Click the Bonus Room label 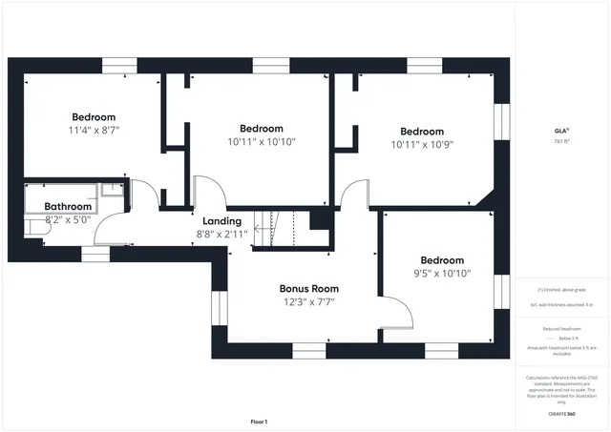(x=308, y=288)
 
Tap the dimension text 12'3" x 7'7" (x=307, y=302)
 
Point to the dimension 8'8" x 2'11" (x=221, y=234)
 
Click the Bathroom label (x=68, y=206)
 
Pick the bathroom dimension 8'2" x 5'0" (x=68, y=220)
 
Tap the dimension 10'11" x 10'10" (x=262, y=141)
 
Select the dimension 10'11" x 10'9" (x=422, y=145)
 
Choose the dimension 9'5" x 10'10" (x=442, y=274)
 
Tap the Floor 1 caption (x=259, y=421)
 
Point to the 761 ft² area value (x=561, y=141)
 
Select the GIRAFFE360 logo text (x=561, y=414)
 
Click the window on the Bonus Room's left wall (x=216, y=307)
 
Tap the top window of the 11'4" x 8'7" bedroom (x=119, y=64)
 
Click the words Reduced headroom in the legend (x=561, y=327)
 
